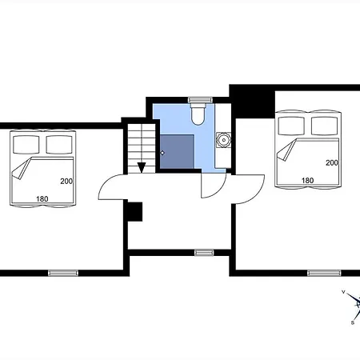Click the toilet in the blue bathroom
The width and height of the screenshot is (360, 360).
[x=198, y=114]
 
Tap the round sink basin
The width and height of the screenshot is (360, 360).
[x=223, y=140]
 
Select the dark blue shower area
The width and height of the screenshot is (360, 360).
[x=177, y=151]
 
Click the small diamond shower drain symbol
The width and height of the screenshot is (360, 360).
[x=162, y=153]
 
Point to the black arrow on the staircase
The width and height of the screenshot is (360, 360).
[x=142, y=168]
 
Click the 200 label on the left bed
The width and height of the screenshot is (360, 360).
[x=66, y=182]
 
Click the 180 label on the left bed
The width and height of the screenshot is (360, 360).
[x=42, y=199]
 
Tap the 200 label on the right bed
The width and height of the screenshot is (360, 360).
[x=332, y=162]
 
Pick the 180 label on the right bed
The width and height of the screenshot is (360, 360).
[x=307, y=181]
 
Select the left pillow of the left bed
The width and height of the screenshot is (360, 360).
[x=26, y=144]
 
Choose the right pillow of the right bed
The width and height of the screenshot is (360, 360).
[x=324, y=126]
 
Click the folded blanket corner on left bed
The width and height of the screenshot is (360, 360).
[x=22, y=168]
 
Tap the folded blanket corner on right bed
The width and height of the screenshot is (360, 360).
[x=286, y=150]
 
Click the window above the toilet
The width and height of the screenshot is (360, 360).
[x=200, y=100]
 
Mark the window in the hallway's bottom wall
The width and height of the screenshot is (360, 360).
[x=204, y=253]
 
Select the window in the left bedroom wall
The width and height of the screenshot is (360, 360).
[x=63, y=273]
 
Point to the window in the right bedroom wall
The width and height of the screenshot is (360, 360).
[x=324, y=273]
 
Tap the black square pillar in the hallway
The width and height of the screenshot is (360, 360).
[x=135, y=212]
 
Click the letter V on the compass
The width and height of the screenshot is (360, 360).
[x=343, y=292]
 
